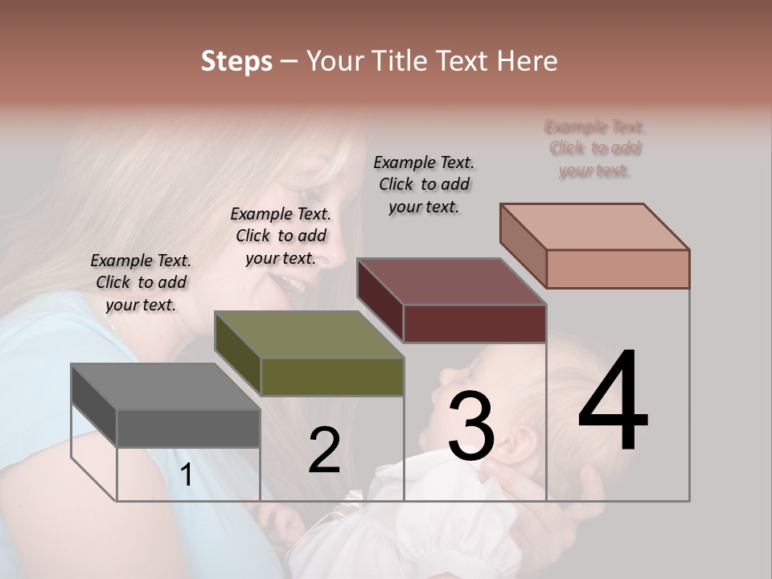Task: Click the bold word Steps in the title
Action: [x=236, y=61]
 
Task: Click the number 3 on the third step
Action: [x=470, y=427]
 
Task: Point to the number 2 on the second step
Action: [x=324, y=450]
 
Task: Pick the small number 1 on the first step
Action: [x=186, y=475]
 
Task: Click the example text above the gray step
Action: [x=141, y=282]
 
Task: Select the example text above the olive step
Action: [x=281, y=236]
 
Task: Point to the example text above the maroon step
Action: [x=424, y=184]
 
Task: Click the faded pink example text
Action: [x=595, y=149]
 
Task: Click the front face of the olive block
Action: [x=332, y=377]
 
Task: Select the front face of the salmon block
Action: [x=618, y=269]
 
